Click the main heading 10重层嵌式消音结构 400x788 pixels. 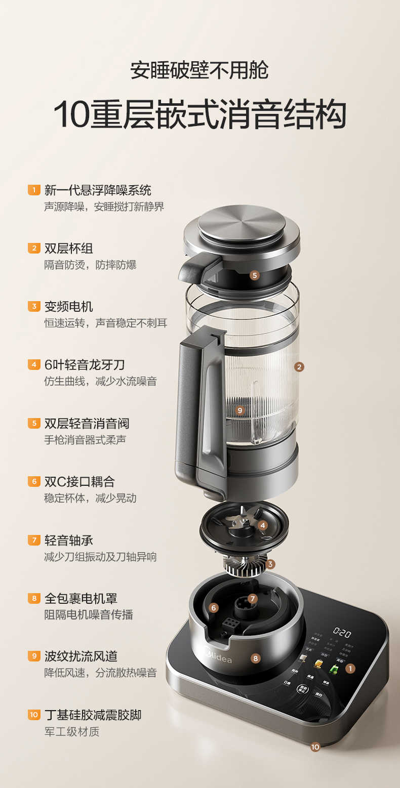199,115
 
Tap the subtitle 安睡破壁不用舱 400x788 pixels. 199,70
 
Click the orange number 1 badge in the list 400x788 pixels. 34,190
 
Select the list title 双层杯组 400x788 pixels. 68,248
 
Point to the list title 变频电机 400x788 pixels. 68,307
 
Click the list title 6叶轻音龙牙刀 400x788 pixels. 84,365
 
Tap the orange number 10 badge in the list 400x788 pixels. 34,715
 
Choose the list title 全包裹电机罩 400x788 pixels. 81,598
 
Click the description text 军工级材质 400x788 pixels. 71,731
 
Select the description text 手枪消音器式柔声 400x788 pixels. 85,440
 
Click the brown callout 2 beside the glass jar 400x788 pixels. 299,367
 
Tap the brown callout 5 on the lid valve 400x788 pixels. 254,275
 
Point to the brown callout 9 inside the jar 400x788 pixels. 240,410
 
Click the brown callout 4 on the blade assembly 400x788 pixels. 262,525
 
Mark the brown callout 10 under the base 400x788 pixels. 315,746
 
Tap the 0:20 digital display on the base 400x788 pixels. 342,633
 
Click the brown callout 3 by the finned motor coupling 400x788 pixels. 270,564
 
